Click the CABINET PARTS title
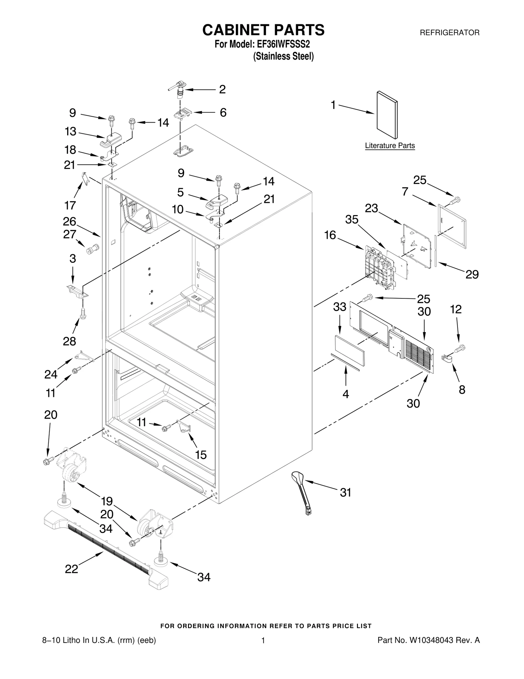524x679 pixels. (263, 30)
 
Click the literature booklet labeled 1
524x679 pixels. (387, 115)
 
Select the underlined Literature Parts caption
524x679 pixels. (390, 146)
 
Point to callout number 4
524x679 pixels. (346, 394)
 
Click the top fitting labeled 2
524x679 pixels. (179, 89)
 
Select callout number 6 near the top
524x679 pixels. (223, 113)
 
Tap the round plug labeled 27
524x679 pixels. (91, 250)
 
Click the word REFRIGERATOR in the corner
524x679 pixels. (450, 33)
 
